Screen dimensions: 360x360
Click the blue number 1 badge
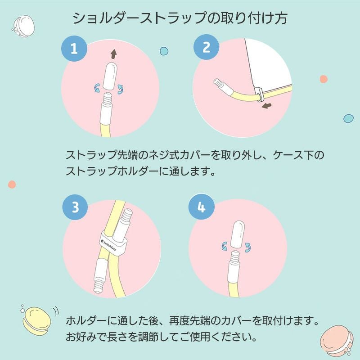click(x=74, y=48)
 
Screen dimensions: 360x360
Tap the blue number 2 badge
click(x=206, y=48)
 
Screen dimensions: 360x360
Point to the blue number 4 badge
click(x=201, y=207)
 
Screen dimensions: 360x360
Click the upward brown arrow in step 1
click(x=114, y=54)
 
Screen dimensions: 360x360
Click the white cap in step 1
click(x=110, y=76)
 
